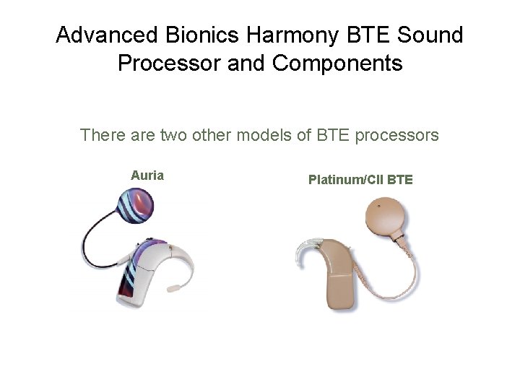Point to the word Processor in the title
pyautogui.click(x=169, y=64)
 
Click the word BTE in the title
pyautogui.click(x=357, y=35)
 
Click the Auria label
pyautogui.click(x=147, y=175)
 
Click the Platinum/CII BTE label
pyautogui.click(x=360, y=179)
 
